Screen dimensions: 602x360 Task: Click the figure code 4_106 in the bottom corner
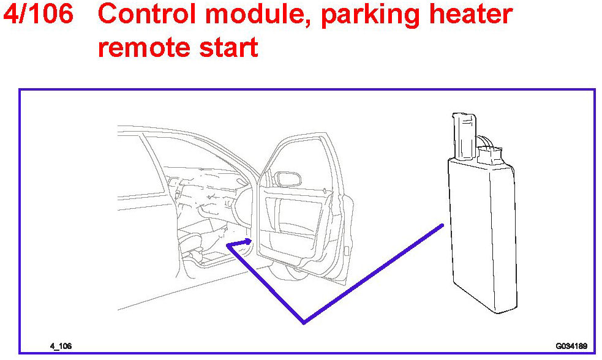click(x=61, y=346)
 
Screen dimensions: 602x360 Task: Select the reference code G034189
click(x=571, y=346)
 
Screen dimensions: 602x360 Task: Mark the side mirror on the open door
click(x=288, y=180)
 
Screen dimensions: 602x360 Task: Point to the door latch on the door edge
click(x=347, y=250)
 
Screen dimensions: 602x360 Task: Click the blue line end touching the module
click(x=441, y=226)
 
